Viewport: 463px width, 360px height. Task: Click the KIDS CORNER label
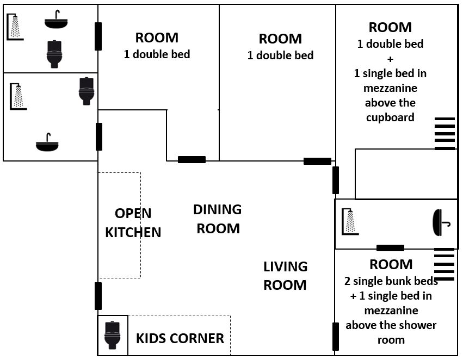(180, 338)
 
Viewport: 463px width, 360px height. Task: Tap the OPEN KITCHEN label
(133, 223)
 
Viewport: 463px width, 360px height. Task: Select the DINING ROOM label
(218, 219)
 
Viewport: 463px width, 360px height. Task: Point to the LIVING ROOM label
(285, 276)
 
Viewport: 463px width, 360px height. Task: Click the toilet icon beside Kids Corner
(113, 335)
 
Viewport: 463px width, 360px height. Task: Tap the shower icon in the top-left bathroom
(15, 27)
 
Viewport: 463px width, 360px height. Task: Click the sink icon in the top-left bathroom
(56, 20)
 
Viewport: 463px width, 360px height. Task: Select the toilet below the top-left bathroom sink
(54, 54)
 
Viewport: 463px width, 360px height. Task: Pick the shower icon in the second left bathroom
(18, 96)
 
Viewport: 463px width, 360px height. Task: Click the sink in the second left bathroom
(47, 142)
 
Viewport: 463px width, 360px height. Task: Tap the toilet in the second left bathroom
(87, 91)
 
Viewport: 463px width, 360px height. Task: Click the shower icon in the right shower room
(350, 222)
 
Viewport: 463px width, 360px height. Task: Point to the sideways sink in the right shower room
(441, 222)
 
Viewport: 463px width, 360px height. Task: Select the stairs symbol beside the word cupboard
(445, 134)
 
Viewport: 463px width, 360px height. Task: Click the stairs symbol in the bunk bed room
(444, 264)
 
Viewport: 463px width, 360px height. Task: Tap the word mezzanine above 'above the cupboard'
(390, 88)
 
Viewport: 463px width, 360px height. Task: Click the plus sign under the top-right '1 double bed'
(390, 59)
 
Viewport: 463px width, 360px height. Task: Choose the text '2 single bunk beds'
(391, 281)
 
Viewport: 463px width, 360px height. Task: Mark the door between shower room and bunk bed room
(390, 248)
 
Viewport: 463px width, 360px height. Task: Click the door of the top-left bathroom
(98, 36)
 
